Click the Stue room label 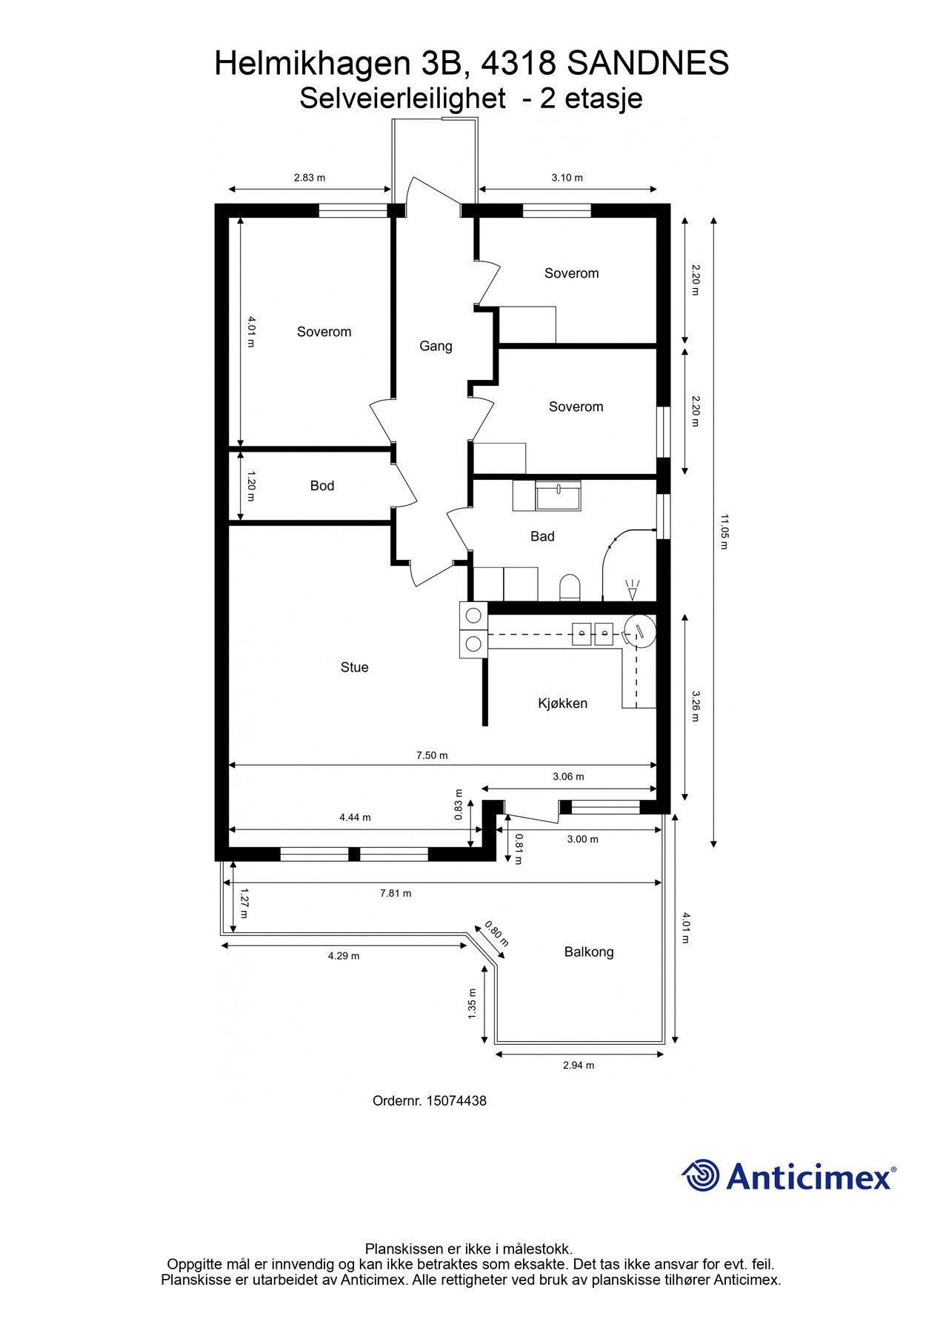click(354, 667)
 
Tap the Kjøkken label click(562, 704)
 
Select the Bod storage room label click(321, 486)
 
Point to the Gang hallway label click(436, 346)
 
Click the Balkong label click(589, 952)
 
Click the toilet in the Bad click(570, 588)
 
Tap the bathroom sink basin click(559, 496)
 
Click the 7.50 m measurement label click(432, 755)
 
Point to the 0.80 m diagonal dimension click(496, 934)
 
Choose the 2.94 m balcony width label click(579, 1066)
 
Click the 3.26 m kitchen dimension click(695, 706)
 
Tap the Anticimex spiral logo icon click(701, 1175)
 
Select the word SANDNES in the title click(648, 64)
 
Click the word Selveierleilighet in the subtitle click(402, 98)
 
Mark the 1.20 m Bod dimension click(250, 486)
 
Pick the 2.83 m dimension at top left click(310, 178)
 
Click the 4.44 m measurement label click(355, 818)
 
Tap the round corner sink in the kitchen click(639, 631)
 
